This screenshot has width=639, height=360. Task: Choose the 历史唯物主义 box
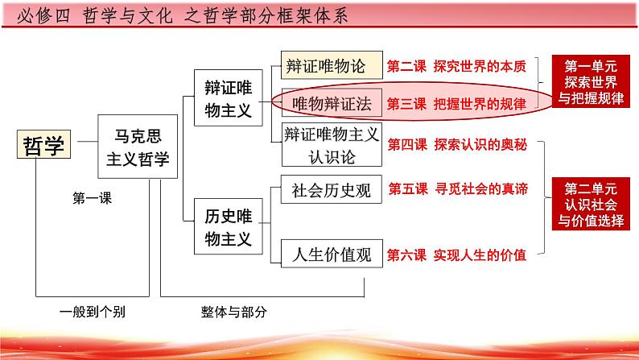coord(228,227)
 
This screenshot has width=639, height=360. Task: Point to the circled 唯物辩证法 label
coord(325,103)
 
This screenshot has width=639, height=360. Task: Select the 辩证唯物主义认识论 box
coord(331,144)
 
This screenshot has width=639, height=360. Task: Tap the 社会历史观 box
coord(331,190)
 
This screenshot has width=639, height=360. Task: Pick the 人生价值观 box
coord(331,255)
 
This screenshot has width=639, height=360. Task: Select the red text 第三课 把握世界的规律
coord(457,104)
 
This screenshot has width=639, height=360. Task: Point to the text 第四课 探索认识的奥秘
coord(457,144)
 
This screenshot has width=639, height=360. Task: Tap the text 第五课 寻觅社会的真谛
coord(457,190)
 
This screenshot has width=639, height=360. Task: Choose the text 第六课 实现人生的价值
coord(457,255)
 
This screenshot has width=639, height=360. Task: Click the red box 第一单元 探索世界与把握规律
coord(591,84)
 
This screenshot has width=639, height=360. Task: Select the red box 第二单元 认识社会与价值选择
coord(591,205)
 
